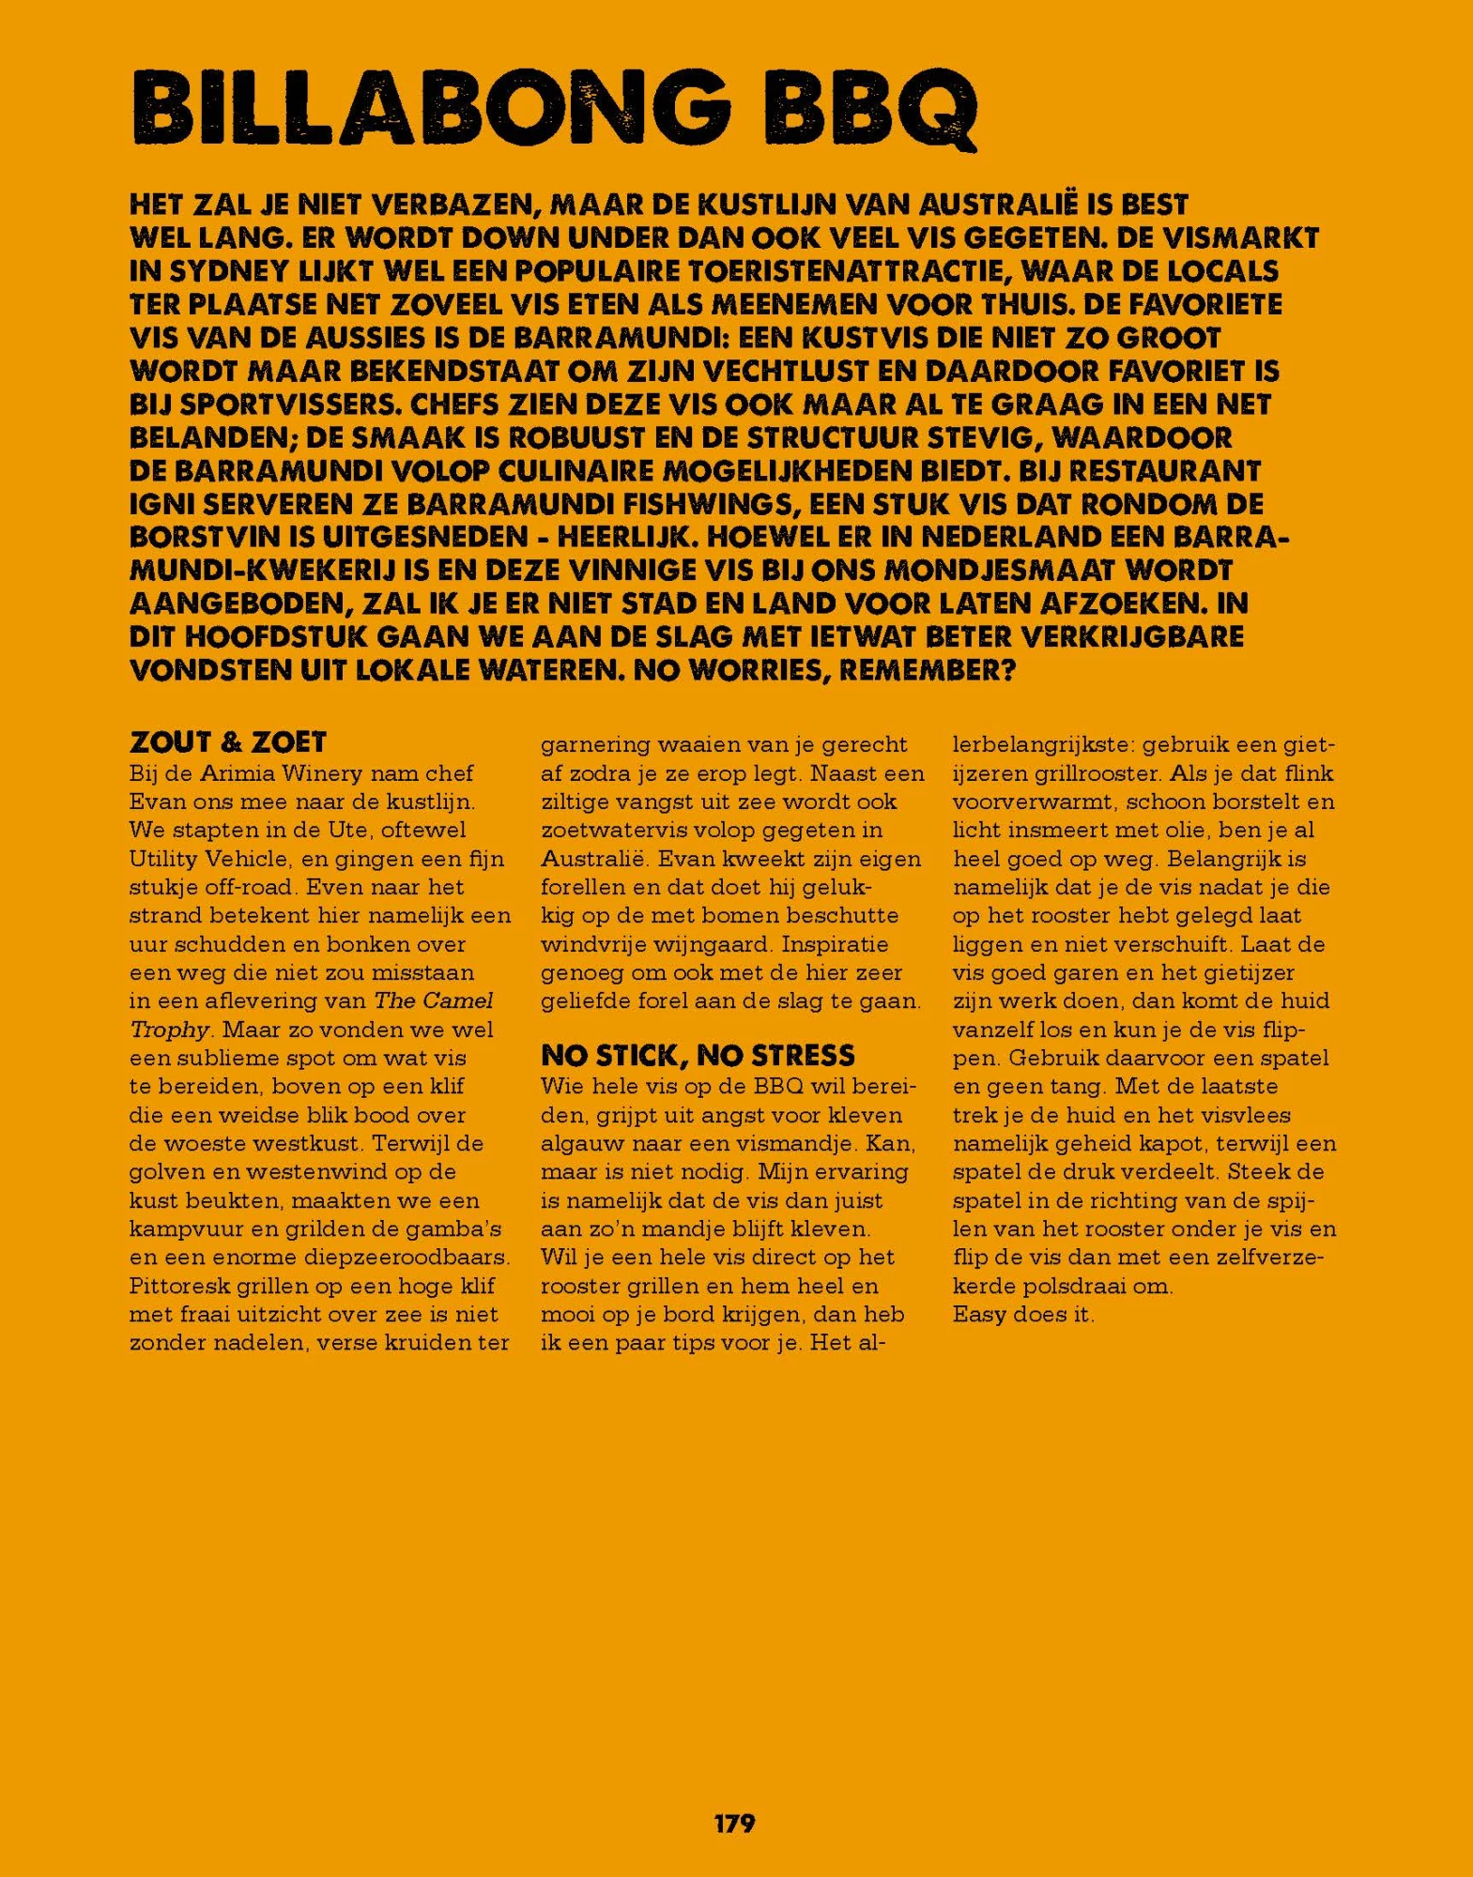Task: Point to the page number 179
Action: point(734,1823)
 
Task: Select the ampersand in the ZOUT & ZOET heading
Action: point(231,742)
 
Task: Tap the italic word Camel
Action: point(457,1000)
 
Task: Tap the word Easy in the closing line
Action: point(979,1314)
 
